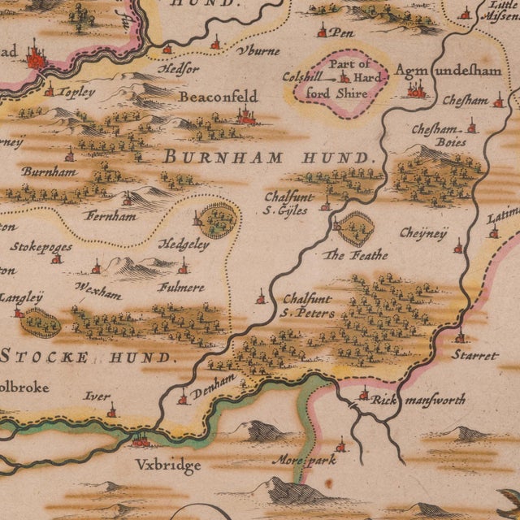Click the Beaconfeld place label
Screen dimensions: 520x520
pos(218,97)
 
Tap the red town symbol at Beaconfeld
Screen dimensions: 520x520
pos(245,118)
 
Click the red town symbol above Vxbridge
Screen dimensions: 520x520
pos(141,440)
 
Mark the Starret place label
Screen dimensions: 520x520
pos(477,356)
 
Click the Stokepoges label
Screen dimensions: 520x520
pos(41,246)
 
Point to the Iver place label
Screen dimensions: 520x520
pos(97,396)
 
